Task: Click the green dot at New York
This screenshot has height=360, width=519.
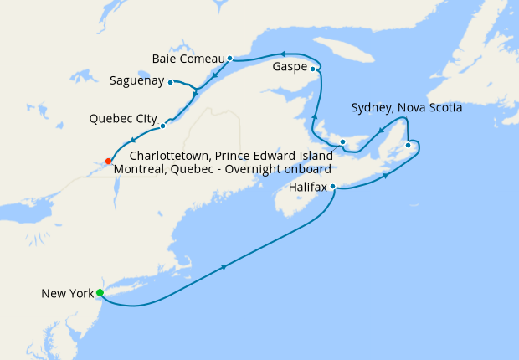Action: coord(100,292)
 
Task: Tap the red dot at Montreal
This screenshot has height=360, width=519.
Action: coord(109,162)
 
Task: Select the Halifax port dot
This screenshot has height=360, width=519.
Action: coord(333,187)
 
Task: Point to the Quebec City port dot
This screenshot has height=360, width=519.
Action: coord(162,126)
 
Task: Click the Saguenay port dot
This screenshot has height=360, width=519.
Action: coord(170,82)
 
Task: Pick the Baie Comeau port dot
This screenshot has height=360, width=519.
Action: coord(229,59)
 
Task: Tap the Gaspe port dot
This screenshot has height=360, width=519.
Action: coord(312,69)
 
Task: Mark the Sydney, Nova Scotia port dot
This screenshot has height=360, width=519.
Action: coord(408,146)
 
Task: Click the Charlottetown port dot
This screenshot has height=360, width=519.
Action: coord(343,142)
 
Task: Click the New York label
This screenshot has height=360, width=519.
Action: coord(67,293)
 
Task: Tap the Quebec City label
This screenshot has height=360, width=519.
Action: coord(123,119)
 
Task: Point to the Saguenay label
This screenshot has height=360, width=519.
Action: coord(137,82)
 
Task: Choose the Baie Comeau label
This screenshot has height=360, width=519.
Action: coord(188,59)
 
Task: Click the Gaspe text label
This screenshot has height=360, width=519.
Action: coord(289,65)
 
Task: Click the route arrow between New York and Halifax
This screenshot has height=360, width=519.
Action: coord(224,267)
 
